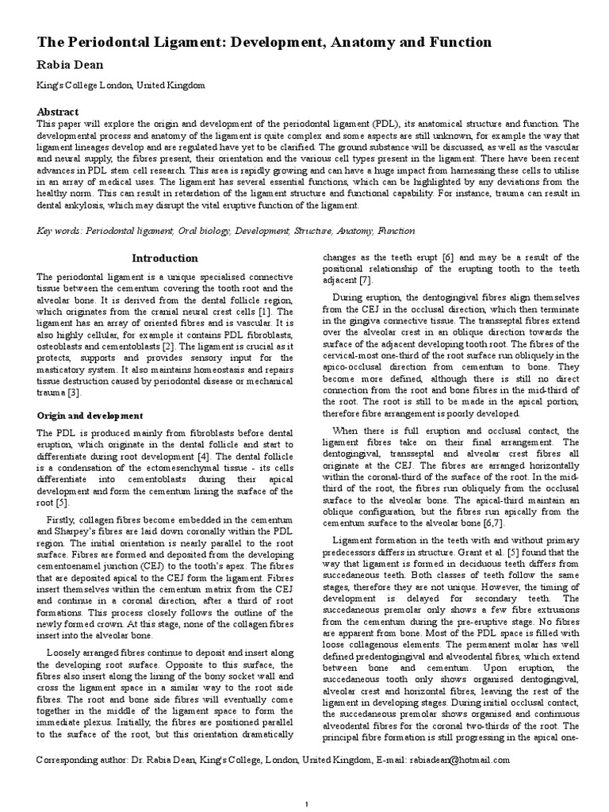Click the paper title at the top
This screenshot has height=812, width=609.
click(x=264, y=42)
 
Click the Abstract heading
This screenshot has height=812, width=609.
click(x=58, y=112)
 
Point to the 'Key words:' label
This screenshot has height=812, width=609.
click(x=60, y=232)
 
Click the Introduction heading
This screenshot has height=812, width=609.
click(x=165, y=258)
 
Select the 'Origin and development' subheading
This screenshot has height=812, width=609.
click(x=90, y=416)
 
